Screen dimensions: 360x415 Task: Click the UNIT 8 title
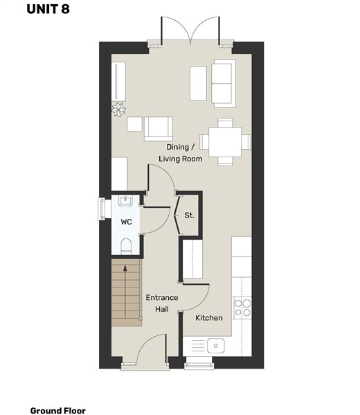tap(48, 9)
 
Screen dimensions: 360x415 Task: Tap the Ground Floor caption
tap(58, 411)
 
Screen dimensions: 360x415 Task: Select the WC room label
tap(126, 222)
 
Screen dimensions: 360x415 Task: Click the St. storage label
tap(189, 215)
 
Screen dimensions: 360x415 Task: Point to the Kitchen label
tap(209, 318)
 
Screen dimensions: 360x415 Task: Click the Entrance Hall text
tap(162, 303)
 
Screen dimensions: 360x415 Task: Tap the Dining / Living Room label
tap(181, 152)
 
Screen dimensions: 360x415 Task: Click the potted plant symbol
tap(118, 109)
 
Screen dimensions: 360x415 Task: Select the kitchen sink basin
tap(215, 346)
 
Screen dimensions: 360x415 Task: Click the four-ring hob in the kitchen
tap(242, 308)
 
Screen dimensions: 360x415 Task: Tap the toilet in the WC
tap(126, 246)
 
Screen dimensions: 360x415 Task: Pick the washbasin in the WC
tap(125, 201)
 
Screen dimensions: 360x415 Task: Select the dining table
tap(225, 142)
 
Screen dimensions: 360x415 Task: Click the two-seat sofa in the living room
tap(224, 83)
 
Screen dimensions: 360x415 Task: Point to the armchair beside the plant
tap(159, 129)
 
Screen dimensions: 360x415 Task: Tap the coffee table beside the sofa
tap(199, 83)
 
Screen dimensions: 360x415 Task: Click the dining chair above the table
tap(226, 123)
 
